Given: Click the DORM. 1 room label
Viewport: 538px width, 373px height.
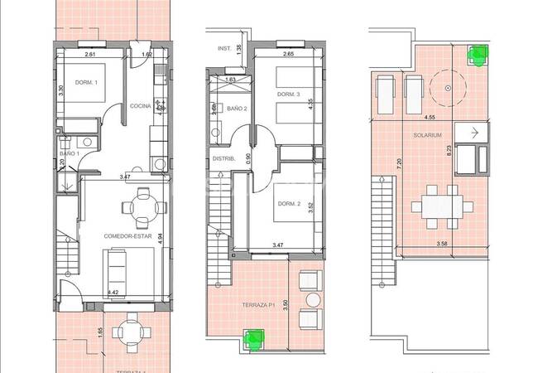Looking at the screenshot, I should tap(86, 82).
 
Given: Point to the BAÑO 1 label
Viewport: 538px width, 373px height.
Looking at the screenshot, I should tap(69, 154).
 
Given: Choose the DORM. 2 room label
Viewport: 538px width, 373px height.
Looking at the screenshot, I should tap(288, 205).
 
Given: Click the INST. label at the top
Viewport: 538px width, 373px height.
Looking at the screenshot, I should tap(223, 48).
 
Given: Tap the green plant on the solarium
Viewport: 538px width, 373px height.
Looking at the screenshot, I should tap(476, 56).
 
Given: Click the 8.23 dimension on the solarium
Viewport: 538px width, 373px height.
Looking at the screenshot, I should tap(448, 152).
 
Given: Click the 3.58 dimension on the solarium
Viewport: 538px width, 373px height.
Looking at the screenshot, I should tap(429, 244).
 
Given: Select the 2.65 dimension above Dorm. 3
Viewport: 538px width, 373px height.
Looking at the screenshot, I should tap(288, 55).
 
